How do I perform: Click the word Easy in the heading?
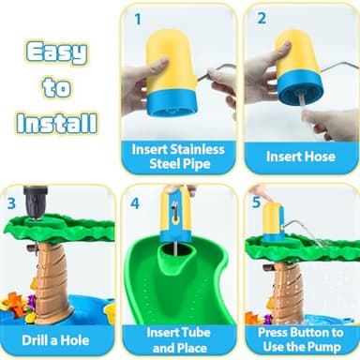tap(57, 52)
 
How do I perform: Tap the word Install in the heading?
tap(57, 122)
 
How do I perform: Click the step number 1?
tap(139, 18)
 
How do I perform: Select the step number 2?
tap(262, 18)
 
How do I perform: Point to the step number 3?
tap(13, 202)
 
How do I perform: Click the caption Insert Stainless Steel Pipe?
tap(177, 156)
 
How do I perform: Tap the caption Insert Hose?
tap(300, 157)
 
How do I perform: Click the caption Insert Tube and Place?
tap(177, 338)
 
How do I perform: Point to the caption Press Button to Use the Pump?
tap(300, 338)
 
